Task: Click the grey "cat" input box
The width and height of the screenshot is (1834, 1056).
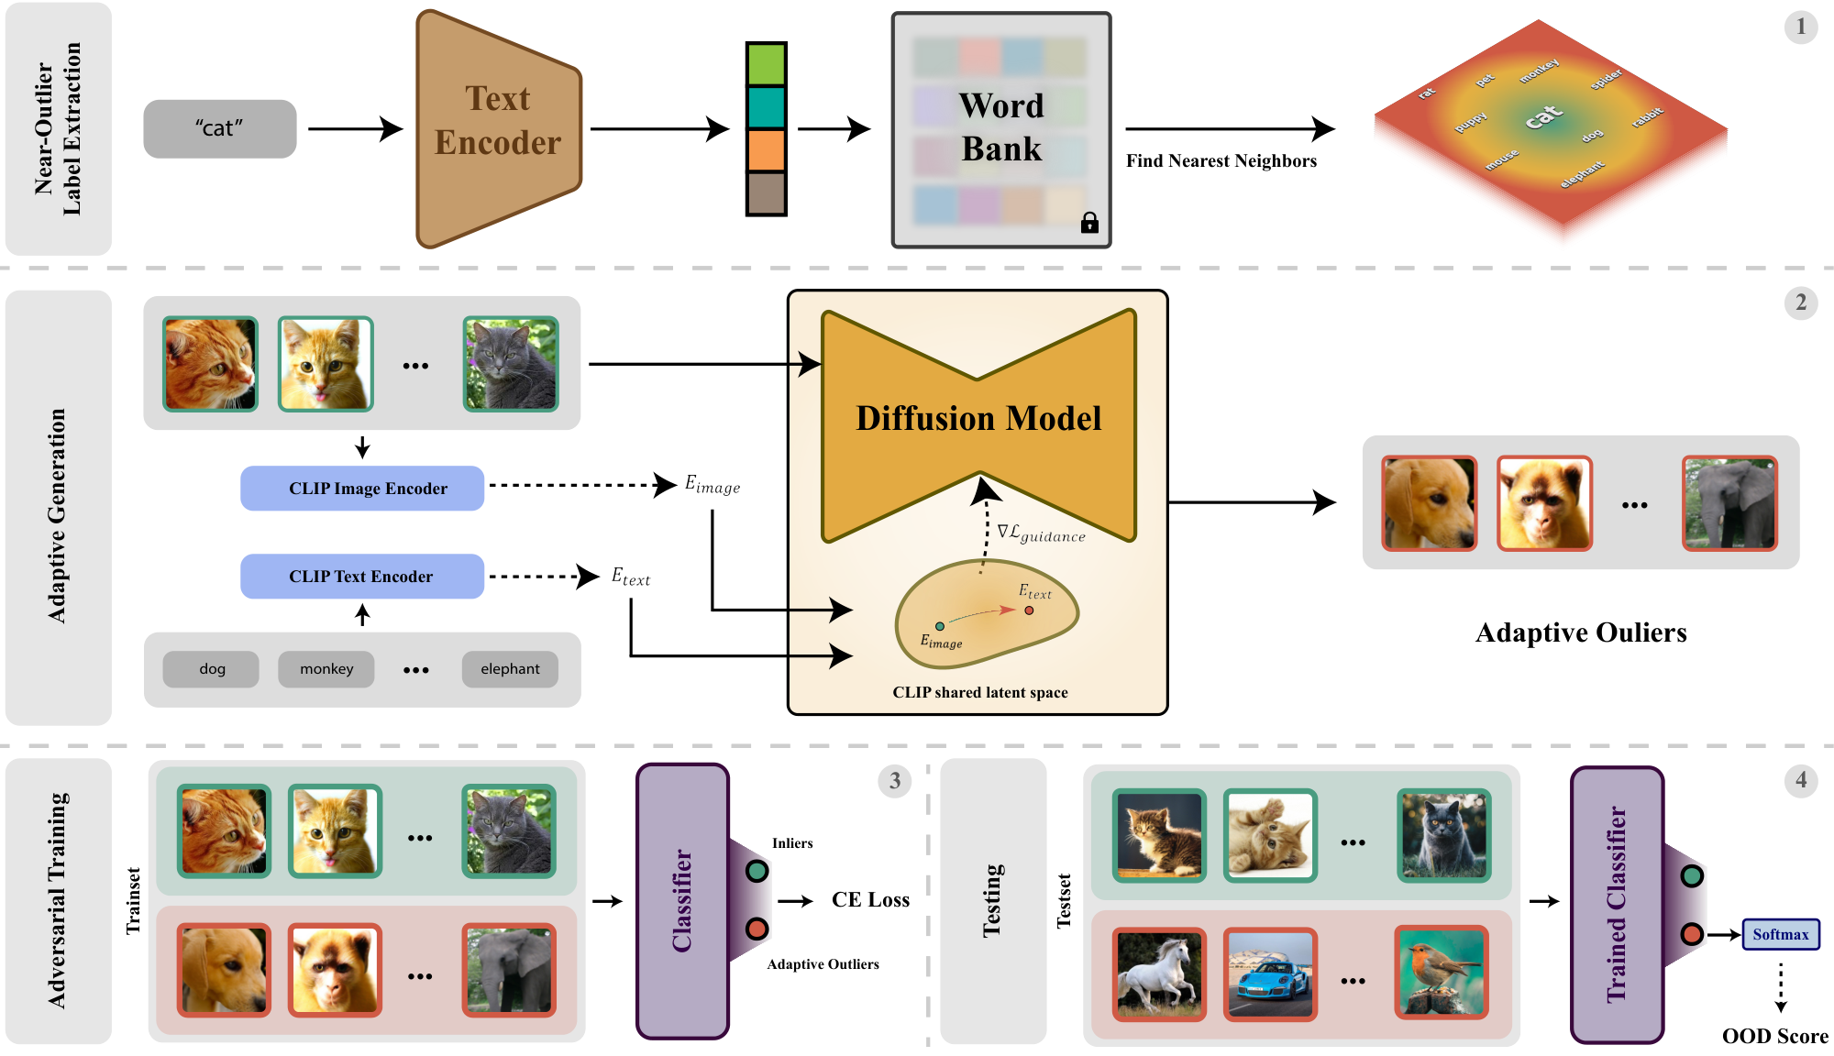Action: (x=220, y=128)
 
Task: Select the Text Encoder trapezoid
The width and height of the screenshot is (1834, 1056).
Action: (x=498, y=129)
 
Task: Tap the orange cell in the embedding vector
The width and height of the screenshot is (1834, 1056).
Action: (x=767, y=150)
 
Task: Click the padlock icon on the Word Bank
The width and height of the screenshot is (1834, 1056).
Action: (x=1089, y=222)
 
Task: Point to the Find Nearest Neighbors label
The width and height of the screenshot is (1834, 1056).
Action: (x=1221, y=161)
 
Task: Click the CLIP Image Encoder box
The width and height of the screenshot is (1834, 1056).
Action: (x=362, y=488)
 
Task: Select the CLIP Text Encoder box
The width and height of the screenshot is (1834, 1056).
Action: (x=362, y=576)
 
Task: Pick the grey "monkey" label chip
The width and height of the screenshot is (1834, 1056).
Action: (x=326, y=669)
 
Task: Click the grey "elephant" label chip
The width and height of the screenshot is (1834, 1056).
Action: (x=510, y=669)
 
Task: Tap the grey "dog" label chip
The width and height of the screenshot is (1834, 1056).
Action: (x=211, y=669)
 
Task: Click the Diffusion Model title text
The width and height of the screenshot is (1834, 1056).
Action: (x=978, y=418)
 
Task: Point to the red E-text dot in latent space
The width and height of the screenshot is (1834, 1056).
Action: (x=1029, y=610)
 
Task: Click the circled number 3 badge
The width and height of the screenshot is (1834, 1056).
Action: (x=895, y=781)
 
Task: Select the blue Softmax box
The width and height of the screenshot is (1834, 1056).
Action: (x=1781, y=934)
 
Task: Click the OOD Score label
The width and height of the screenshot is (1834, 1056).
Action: (x=1775, y=1036)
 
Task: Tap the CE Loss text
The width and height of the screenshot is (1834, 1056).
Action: (x=870, y=900)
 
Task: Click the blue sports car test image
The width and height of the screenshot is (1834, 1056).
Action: (x=1270, y=974)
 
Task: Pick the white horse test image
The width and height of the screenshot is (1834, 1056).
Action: (x=1159, y=974)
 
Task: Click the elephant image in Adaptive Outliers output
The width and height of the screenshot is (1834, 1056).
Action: (x=1729, y=503)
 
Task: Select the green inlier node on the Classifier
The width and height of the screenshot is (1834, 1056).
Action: (x=757, y=871)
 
